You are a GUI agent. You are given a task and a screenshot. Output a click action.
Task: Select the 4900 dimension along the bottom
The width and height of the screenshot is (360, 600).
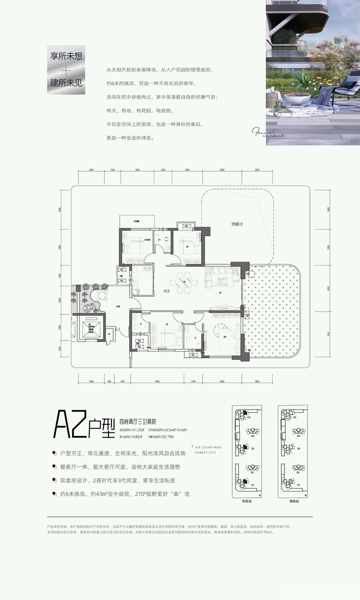157,381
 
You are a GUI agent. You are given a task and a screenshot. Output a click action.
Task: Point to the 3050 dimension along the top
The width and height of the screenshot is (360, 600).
137,170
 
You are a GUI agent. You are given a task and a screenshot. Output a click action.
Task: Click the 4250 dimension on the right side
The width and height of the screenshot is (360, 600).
329,288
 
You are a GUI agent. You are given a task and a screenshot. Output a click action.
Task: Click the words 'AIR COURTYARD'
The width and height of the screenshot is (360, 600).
208,447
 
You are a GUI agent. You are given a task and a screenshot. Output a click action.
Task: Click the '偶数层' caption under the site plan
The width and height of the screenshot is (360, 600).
293,501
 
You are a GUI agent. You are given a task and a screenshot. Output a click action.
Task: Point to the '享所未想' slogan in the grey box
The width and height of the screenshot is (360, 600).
66,57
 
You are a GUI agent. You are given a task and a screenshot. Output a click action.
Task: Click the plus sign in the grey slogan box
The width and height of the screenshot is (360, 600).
66,70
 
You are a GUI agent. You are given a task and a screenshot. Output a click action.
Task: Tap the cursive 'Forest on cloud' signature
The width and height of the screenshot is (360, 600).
268,133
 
